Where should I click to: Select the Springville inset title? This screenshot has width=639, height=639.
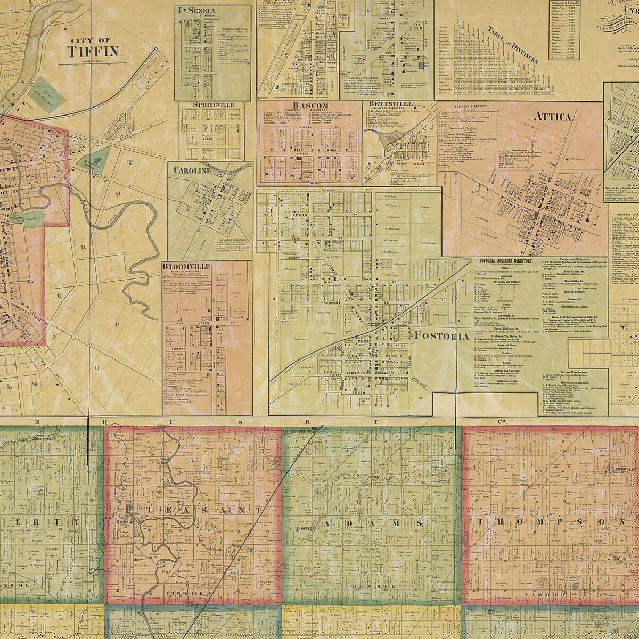tap(214, 105)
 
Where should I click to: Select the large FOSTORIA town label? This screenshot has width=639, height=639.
tap(441, 335)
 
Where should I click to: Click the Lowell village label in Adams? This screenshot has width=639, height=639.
tap(304, 529)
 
